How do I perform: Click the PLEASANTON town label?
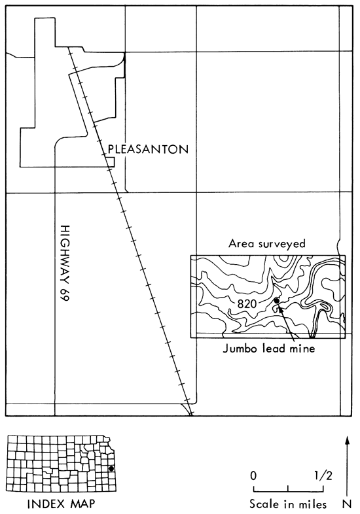point(149,150)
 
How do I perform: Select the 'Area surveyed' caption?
point(267,244)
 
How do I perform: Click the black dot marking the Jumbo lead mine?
point(277,301)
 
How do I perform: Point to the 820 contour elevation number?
point(247,304)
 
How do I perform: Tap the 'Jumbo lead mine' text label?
point(269,348)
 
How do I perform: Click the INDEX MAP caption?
point(62,504)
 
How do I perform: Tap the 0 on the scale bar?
point(253,475)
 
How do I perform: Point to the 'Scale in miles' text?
point(288,504)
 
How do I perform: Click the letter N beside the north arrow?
point(348,504)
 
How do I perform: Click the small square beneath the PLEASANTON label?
point(110,162)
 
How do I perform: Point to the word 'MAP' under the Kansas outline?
point(82,504)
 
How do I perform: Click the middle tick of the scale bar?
point(288,488)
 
